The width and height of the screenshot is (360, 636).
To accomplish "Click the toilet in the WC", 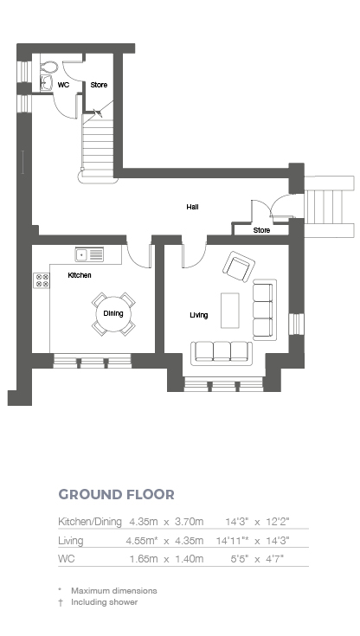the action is [x=50, y=67].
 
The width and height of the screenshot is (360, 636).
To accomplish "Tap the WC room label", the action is [x=63, y=85].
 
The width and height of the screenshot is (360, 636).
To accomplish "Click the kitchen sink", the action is [x=89, y=254].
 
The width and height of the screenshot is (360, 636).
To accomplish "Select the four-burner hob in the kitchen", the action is [x=42, y=280].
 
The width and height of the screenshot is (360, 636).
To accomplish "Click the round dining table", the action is [x=112, y=313].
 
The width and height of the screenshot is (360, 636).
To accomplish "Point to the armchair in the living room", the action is [x=238, y=267].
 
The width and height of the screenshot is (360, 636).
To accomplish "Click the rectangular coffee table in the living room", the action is [x=229, y=311].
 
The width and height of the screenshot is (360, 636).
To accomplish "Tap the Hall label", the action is [x=192, y=207].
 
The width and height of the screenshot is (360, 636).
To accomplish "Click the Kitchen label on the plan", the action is [x=80, y=275].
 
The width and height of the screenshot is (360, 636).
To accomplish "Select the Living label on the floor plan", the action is [x=199, y=315].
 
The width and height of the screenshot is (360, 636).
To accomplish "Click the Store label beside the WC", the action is [x=99, y=85].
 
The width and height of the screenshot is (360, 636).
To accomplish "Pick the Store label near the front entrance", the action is [x=261, y=230].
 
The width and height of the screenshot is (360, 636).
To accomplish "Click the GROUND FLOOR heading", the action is [x=117, y=494].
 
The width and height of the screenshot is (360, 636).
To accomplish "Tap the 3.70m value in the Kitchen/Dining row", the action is [x=189, y=522].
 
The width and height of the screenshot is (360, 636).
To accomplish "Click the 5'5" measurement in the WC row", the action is [x=240, y=559].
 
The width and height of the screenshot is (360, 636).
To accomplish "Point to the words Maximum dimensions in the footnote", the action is [x=114, y=590].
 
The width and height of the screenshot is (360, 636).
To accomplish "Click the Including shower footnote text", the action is [x=105, y=602].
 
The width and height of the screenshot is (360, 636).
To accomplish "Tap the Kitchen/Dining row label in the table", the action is [x=90, y=522].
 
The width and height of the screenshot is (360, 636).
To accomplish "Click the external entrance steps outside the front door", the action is [x=329, y=207].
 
